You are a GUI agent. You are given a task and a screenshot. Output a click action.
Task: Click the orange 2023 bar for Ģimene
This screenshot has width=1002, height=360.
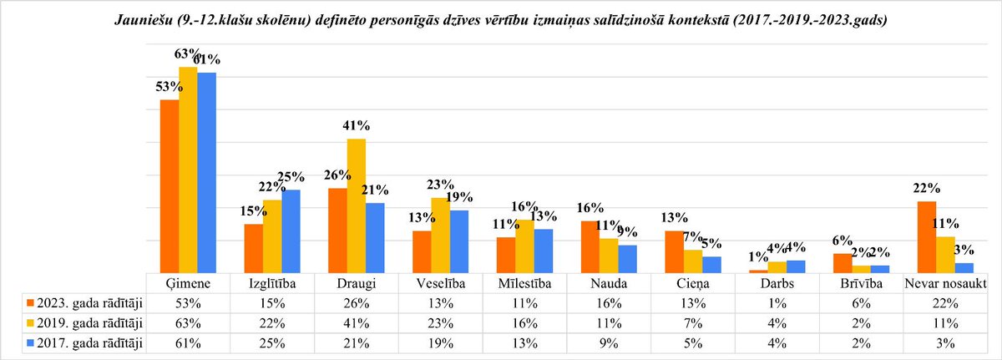pos(170,185)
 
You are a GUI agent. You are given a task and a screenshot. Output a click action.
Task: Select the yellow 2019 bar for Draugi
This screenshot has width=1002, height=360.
pos(357,205)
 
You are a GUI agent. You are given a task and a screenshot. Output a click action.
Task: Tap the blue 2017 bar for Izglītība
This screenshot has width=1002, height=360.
pos(291,231)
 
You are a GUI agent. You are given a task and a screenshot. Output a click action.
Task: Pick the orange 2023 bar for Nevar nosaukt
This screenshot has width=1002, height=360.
pos(925,236)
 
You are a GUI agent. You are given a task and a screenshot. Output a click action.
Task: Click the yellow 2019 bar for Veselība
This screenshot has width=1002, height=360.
pos(441,235)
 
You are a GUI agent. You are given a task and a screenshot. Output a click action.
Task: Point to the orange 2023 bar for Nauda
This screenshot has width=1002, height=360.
pos(590,246)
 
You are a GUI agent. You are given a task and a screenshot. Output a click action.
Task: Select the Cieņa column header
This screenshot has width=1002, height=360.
pos(693,284)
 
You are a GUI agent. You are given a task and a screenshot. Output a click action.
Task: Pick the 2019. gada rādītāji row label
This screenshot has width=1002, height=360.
pos(86,322)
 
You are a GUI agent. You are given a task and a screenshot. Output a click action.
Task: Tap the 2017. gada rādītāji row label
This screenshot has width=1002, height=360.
pos(86,342)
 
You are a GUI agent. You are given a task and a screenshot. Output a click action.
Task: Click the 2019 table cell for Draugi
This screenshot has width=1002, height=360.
pos(357,322)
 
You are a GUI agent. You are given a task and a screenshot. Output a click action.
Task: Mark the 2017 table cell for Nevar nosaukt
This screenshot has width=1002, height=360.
pos(946,342)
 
